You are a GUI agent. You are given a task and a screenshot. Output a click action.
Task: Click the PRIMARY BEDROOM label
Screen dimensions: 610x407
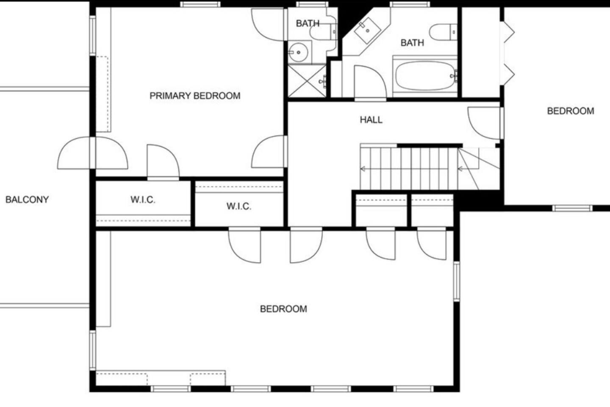(195, 96)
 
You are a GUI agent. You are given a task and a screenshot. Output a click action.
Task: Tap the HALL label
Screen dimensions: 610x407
(371, 120)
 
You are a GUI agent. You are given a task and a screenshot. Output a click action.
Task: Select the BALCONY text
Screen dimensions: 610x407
(27, 200)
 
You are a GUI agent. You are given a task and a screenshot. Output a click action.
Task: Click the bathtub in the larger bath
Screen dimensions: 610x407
(425, 75)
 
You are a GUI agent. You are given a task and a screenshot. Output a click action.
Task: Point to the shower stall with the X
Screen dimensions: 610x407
(307, 81)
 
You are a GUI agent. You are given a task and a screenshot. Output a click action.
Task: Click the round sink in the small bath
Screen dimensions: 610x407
(298, 52)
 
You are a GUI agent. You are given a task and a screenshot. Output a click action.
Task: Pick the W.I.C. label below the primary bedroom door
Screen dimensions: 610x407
(143, 200)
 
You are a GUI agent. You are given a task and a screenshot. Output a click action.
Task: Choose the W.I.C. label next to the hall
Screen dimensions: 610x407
(239, 206)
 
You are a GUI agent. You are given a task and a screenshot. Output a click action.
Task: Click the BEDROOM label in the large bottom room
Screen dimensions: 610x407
(283, 309)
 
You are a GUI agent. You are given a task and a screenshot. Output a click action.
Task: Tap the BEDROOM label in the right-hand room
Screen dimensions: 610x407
(571, 111)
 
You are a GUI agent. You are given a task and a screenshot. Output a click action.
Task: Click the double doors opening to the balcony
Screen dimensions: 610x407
(93, 153)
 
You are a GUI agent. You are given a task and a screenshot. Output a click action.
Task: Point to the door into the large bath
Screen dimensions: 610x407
(370, 83)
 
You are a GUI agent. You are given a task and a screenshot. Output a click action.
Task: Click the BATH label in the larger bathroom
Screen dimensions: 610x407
(412, 43)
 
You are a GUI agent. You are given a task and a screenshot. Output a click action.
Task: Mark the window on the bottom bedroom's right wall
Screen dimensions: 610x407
(457, 282)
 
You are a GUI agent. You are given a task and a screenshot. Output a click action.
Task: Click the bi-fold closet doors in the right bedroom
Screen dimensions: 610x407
(507, 53)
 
